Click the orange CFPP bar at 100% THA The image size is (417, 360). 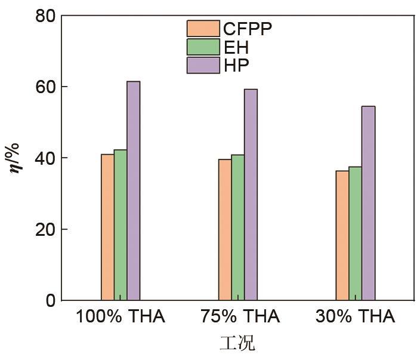tap(107, 227)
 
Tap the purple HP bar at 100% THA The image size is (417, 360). tap(133, 190)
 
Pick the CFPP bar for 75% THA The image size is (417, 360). tap(225, 229)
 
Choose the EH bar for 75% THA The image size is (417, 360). tap(237, 227)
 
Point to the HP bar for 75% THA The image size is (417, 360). tap(251, 195)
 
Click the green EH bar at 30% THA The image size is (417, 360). tap(356, 233)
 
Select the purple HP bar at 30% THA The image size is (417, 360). tap(368, 203)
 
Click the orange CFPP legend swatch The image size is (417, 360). tap(203, 28)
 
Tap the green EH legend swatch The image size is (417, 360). tap(203, 47)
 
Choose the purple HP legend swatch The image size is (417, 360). tap(203, 65)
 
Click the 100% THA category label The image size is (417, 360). tap(120, 316)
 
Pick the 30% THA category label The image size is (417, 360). tap(355, 316)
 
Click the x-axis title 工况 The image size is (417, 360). tap(237, 343)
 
